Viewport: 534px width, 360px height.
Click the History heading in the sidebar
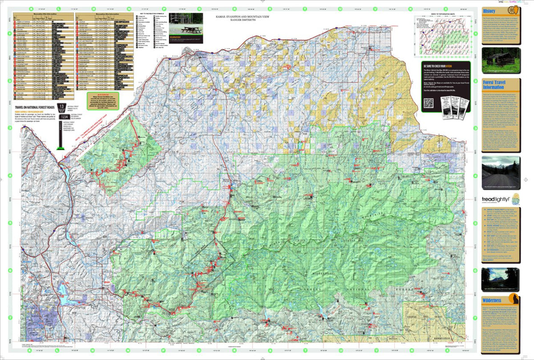tap(489, 11)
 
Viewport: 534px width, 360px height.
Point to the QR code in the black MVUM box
tap(428, 103)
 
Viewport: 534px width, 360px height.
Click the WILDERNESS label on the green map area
tap(330, 272)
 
